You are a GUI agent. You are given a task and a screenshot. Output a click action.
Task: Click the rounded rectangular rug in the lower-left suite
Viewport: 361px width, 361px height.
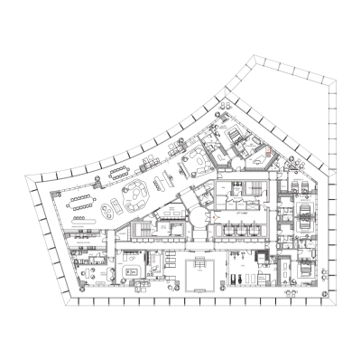[x=129, y=266]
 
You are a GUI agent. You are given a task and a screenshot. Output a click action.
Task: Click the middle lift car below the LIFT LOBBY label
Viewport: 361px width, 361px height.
[x=239, y=232]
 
